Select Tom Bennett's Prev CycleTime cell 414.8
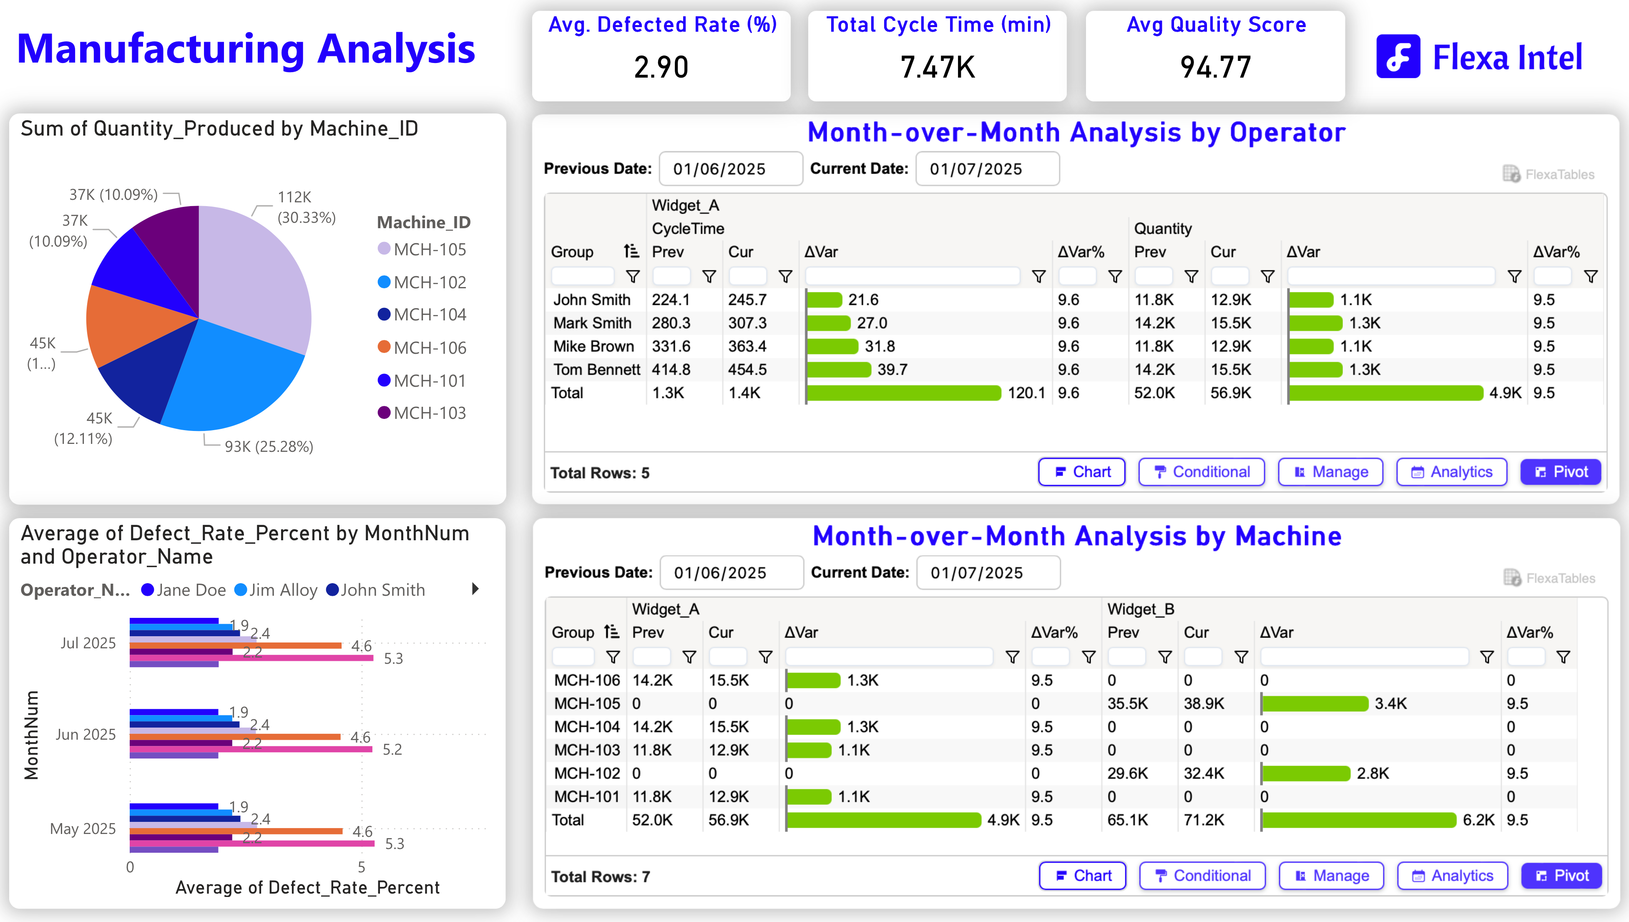tap(671, 370)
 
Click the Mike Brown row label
tap(593, 346)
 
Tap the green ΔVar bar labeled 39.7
tap(839, 370)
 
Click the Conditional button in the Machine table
tap(1202, 876)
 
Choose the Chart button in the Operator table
tap(1081, 472)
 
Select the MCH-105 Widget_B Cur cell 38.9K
tap(1204, 703)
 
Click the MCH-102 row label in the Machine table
tap(587, 773)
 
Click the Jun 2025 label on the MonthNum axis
tap(85, 735)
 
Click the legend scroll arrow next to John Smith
tap(475, 589)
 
